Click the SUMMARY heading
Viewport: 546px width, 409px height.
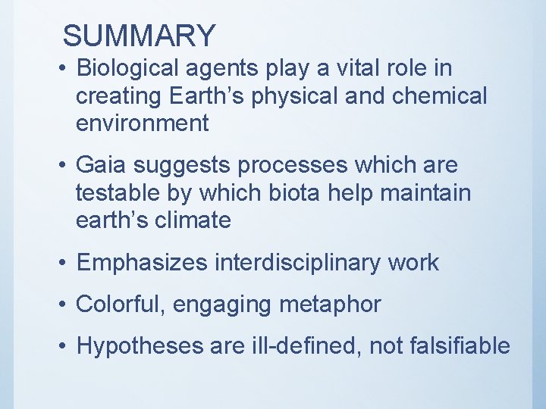pyautogui.click(x=140, y=36)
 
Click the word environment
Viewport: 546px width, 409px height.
pyautogui.click(x=142, y=123)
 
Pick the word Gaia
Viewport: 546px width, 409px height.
pyautogui.click(x=103, y=165)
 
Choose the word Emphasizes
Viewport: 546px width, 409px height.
pyautogui.click(x=142, y=263)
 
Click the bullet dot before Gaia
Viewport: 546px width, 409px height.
pyautogui.click(x=65, y=166)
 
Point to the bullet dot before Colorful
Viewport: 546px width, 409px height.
pyautogui.click(x=65, y=305)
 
